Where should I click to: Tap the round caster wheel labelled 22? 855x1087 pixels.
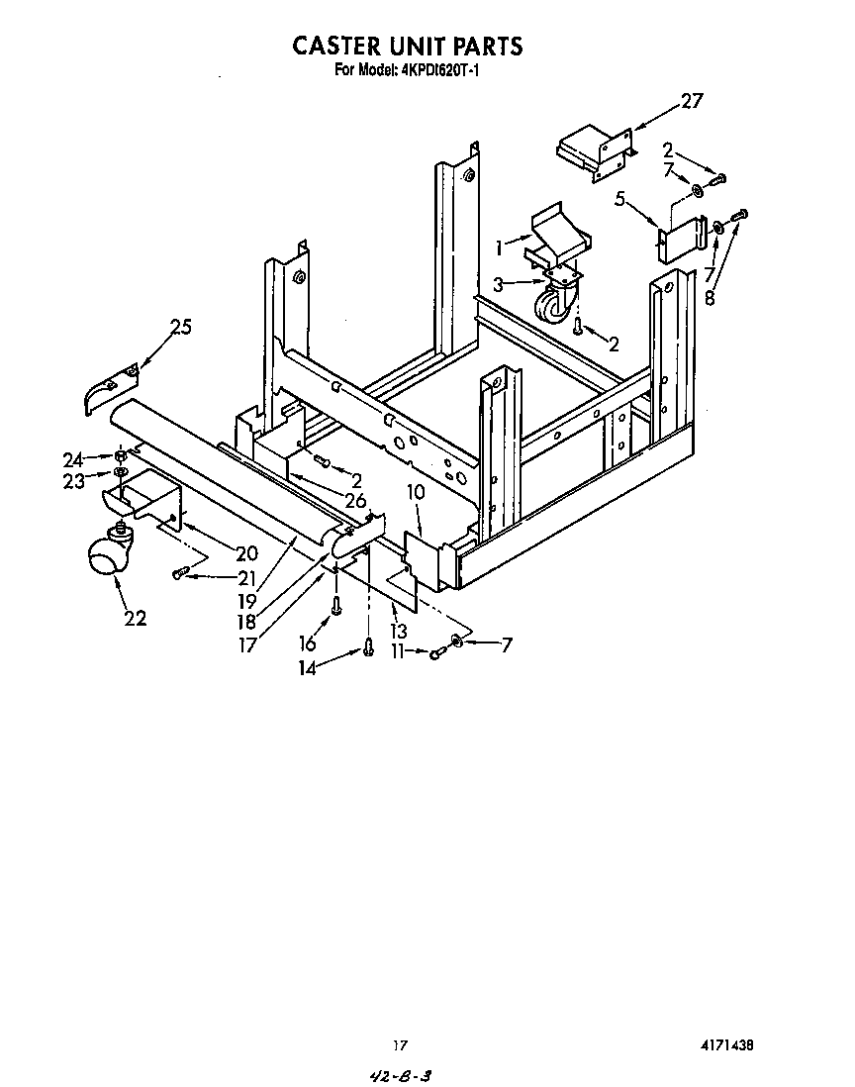pos(103,558)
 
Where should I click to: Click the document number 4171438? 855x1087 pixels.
pos(735,1045)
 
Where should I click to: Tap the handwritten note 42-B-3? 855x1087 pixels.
pos(404,1075)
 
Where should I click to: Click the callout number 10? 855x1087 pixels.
pos(416,491)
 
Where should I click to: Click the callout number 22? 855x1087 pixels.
pos(135,619)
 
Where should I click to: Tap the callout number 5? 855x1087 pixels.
pos(620,200)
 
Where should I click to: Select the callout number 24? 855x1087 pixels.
pos(72,458)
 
